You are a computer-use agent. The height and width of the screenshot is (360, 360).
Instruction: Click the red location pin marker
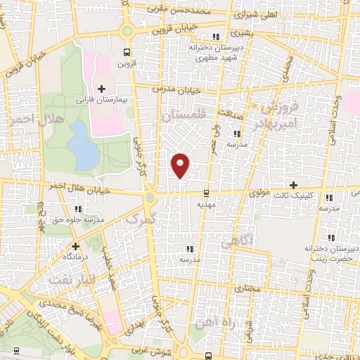click(181, 165)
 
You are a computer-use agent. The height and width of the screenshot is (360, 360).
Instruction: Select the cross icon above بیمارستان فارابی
click(102, 88)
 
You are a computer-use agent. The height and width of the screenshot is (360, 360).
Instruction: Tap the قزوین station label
click(124, 63)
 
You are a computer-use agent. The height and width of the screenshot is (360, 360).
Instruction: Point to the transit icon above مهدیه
click(205, 192)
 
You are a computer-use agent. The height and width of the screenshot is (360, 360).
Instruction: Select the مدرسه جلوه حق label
click(79, 219)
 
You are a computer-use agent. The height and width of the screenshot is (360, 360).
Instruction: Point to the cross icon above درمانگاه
click(75, 246)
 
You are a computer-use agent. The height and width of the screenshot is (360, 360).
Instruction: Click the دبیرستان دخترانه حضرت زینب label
click(328, 253)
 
